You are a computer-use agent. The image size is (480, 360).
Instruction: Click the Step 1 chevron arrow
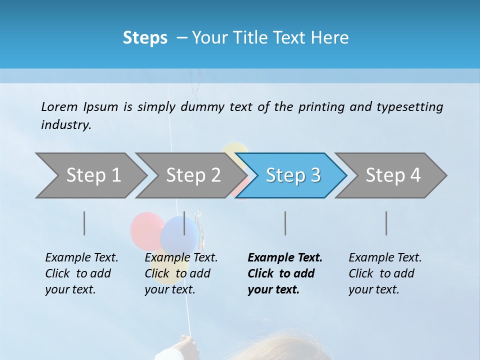pyautogui.click(x=92, y=175)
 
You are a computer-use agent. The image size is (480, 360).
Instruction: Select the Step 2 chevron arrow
pyautogui.click(x=192, y=175)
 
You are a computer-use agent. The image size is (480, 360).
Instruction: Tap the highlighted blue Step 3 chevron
pyautogui.click(x=292, y=175)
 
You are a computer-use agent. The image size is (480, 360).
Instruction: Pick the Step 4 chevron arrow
pyautogui.click(x=392, y=175)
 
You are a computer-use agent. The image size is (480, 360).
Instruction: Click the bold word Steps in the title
pyautogui.click(x=145, y=38)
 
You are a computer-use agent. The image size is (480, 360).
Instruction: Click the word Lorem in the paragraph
pyautogui.click(x=59, y=107)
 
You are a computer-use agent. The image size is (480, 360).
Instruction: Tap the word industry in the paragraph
pyautogui.click(x=66, y=124)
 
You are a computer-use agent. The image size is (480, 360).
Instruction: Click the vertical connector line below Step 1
pyautogui.click(x=84, y=223)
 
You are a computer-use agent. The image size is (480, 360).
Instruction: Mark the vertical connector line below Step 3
pyautogui.click(x=285, y=223)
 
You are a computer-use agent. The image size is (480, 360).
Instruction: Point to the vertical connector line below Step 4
pyautogui.click(x=386, y=223)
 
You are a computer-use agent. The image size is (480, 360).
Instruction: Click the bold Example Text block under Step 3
pyautogui.click(x=285, y=273)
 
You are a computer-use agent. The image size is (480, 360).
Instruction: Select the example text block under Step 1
pyautogui.click(x=81, y=273)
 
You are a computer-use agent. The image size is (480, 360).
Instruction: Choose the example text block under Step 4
pyautogui.click(x=385, y=273)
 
